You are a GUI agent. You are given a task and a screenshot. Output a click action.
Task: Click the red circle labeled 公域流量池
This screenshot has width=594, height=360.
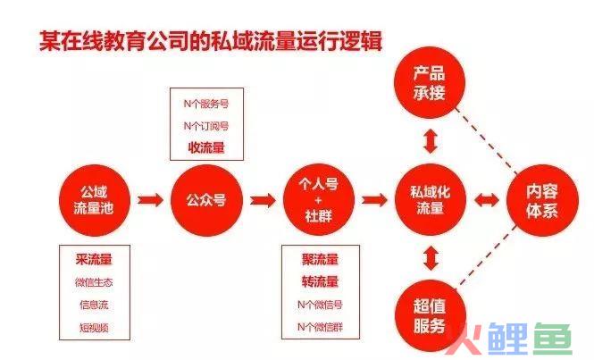tap(95, 200)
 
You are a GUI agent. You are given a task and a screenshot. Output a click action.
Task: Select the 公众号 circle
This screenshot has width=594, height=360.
tap(206, 200)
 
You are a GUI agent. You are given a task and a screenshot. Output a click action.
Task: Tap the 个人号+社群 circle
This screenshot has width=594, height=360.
tap(319, 200)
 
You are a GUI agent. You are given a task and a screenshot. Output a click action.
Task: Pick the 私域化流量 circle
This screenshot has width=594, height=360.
tap(431, 200)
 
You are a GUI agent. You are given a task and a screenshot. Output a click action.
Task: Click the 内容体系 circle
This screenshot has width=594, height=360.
tap(542, 200)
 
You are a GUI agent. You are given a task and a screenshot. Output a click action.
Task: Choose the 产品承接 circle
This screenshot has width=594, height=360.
tap(430, 82)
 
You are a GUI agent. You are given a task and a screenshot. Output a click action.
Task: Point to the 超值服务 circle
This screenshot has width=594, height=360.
tap(431, 315)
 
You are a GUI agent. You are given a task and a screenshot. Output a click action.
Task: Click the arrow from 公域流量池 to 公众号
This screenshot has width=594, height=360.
tap(150, 200)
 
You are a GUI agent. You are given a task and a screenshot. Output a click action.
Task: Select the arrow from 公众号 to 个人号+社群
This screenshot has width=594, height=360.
tap(263, 200)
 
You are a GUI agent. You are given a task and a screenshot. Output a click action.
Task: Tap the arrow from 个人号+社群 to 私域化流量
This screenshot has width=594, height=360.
tap(374, 200)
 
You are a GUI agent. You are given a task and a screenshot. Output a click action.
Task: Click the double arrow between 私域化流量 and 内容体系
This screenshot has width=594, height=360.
tap(487, 200)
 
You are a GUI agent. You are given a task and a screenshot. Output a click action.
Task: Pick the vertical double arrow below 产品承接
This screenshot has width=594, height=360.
tap(431, 141)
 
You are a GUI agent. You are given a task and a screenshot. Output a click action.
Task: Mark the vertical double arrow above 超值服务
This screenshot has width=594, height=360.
tap(431, 258)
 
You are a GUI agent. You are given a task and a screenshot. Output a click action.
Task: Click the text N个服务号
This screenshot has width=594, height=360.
tap(206, 104)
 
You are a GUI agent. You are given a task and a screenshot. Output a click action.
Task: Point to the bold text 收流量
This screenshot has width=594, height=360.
tap(206, 147)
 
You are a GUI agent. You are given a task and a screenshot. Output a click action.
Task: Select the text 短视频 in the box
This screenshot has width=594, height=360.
tap(94, 328)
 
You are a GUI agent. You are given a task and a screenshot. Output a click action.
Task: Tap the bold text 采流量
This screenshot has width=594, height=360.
tap(94, 260)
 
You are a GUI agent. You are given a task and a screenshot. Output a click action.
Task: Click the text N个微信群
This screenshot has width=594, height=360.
tap(320, 327)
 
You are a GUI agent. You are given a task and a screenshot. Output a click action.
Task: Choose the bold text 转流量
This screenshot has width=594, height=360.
tap(320, 281)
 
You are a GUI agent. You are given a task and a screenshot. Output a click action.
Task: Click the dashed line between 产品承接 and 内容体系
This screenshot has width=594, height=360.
tap(487, 140)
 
